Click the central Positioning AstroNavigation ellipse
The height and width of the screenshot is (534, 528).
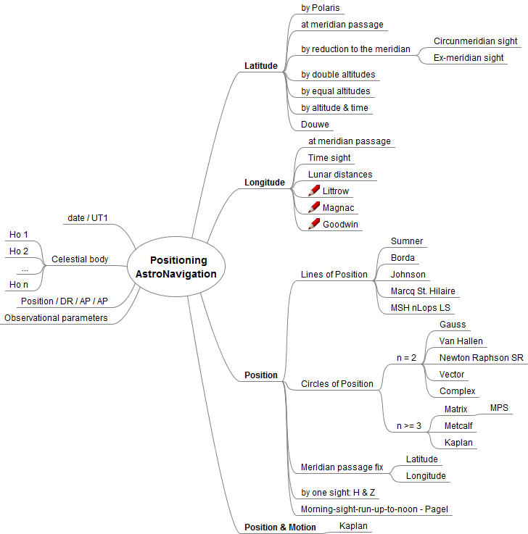[x=178, y=267]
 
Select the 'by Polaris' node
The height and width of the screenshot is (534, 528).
[x=320, y=8]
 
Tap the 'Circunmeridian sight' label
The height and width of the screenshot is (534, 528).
[x=475, y=41]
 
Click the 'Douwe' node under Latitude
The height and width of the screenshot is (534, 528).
[x=315, y=125]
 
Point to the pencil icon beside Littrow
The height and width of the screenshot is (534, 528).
[x=314, y=191]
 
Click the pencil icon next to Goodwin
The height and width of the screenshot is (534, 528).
[x=314, y=225]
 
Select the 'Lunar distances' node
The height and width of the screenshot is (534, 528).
[x=339, y=175]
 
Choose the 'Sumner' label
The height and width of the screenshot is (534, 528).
[x=406, y=241]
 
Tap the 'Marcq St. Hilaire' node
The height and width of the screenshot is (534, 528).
[x=424, y=291]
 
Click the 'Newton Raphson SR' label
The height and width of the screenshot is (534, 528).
[x=481, y=358]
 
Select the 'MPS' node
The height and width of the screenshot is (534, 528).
[x=499, y=409]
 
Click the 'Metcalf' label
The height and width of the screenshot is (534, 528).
[x=458, y=426]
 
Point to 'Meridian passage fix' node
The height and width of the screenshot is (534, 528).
[x=342, y=467]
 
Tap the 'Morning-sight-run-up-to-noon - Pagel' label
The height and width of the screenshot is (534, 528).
[x=375, y=509]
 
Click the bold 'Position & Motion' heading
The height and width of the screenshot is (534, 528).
[x=280, y=527]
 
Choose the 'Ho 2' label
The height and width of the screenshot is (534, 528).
[x=19, y=251]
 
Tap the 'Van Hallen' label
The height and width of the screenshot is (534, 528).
[x=461, y=341]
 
